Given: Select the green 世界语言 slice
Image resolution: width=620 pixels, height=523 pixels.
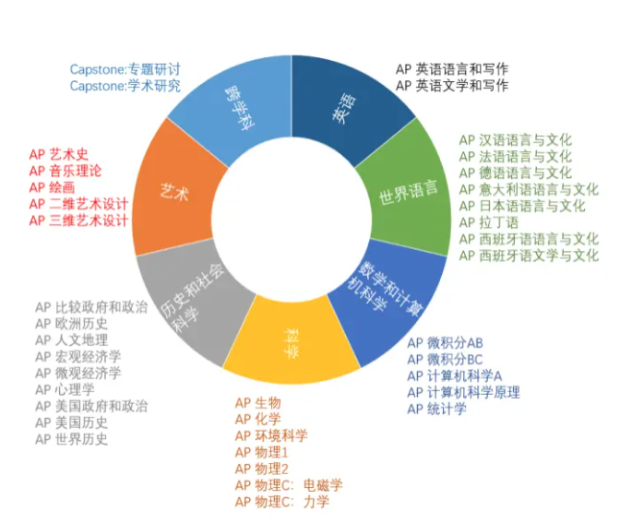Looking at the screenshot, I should tap(407, 194).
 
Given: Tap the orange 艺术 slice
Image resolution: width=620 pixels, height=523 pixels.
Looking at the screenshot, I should tap(175, 192).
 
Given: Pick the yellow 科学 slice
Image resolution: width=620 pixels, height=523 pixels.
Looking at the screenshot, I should tap(291, 346).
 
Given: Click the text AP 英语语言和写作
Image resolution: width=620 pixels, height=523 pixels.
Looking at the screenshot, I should tap(451, 69).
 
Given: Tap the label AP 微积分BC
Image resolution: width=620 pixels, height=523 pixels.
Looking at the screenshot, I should tap(445, 359).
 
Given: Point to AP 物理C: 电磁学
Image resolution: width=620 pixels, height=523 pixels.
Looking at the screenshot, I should tap(288, 485).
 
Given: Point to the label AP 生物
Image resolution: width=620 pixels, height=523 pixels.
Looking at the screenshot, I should tap(257, 403).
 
